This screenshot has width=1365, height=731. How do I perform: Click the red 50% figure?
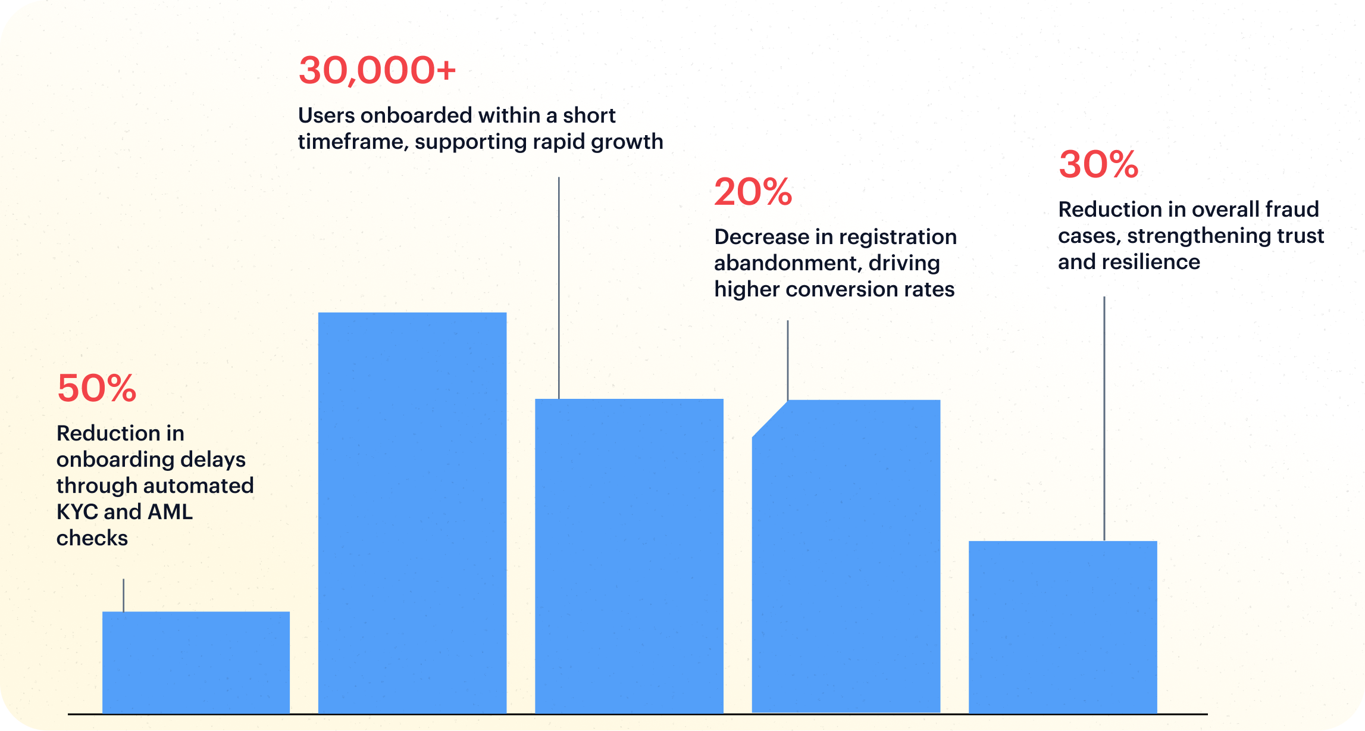pyautogui.click(x=96, y=389)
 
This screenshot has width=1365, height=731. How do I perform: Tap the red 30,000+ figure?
pyautogui.click(x=377, y=70)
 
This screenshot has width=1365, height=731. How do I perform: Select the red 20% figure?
pyautogui.click(x=753, y=192)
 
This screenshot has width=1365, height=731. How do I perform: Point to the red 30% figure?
pyautogui.click(x=1098, y=165)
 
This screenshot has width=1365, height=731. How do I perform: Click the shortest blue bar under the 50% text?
pyautogui.click(x=196, y=662)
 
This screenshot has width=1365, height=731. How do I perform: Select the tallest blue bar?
pyautogui.click(x=412, y=512)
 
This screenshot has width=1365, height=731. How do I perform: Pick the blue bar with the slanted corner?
pyautogui.click(x=846, y=557)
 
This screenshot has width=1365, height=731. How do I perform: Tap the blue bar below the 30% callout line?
pyautogui.click(x=1063, y=626)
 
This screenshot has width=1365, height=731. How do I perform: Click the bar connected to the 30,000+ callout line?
pyautogui.click(x=629, y=555)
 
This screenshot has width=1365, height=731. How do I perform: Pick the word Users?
pyautogui.click(x=326, y=115)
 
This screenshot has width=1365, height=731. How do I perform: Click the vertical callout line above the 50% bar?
pyautogui.click(x=124, y=595)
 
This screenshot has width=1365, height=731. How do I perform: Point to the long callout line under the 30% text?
pyautogui.click(x=1104, y=417)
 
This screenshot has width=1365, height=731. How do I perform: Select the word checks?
pyautogui.click(x=92, y=538)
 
